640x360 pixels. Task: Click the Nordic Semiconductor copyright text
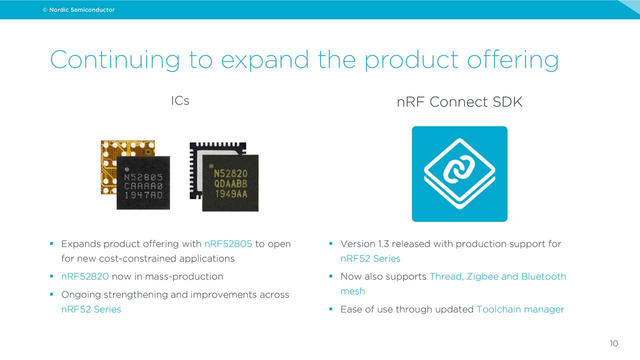(78, 10)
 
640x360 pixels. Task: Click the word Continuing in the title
(114, 60)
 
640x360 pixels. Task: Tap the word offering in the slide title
(512, 60)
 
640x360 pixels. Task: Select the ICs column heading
(180, 100)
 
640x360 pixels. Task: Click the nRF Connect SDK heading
(459, 102)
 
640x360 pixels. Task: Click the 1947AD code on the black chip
(143, 195)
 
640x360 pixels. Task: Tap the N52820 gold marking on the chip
(230, 173)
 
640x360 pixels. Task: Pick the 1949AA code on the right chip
(230, 193)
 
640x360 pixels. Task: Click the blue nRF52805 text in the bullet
(228, 244)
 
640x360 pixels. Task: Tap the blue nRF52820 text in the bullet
(85, 276)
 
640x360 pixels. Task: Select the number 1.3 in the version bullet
(383, 244)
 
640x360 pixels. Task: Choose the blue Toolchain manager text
(520, 309)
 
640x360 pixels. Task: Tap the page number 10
(613, 343)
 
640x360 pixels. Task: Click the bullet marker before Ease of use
(331, 309)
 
